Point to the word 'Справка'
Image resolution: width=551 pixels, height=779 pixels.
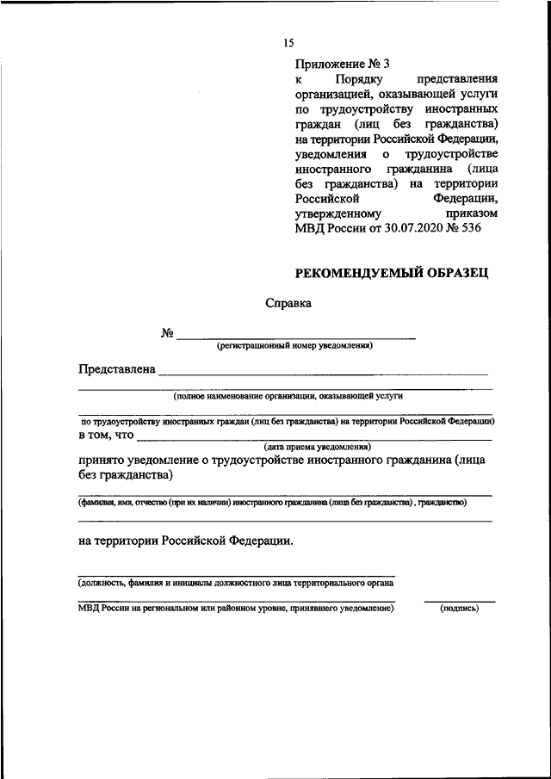288,303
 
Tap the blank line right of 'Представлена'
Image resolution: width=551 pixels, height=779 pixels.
323,374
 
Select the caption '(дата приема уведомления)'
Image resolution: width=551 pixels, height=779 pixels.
317,448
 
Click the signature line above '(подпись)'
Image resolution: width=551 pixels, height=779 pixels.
459,601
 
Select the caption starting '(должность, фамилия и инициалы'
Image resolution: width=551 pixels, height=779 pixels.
236,583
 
